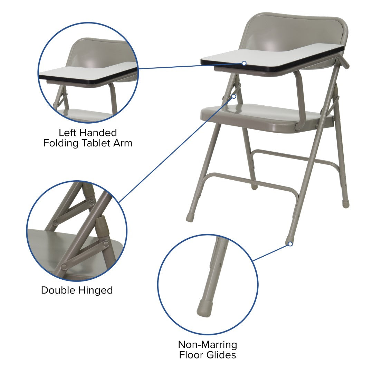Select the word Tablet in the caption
96,143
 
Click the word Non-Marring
208,345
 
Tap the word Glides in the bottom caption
221,355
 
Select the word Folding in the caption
61,144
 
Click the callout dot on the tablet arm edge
244,63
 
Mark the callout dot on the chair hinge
234,96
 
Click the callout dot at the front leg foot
290,244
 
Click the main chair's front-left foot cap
190,217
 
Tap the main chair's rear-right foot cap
346,204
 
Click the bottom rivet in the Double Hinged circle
64,267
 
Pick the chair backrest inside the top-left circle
100,52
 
